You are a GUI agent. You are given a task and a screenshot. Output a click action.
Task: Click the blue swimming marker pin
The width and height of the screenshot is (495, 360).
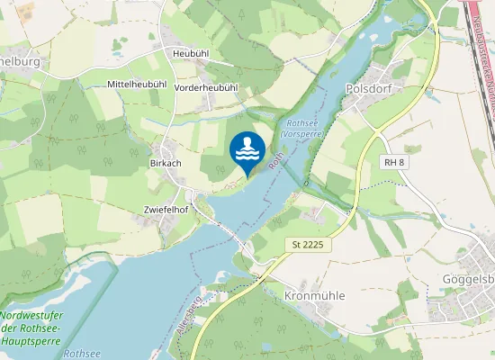point(247,151)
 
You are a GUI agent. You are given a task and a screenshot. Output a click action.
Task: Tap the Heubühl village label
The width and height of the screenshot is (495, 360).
point(190,54)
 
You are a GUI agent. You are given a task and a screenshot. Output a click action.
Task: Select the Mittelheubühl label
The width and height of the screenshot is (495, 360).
point(138,84)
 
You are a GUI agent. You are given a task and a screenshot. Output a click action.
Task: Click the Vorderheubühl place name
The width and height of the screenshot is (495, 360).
point(206,88)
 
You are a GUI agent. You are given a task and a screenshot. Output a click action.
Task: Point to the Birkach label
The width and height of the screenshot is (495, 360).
point(166,164)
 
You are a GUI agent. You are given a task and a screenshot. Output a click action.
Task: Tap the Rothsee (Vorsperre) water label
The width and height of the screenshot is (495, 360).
point(302,128)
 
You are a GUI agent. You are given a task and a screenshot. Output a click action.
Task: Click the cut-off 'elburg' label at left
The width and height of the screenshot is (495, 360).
point(22,63)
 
